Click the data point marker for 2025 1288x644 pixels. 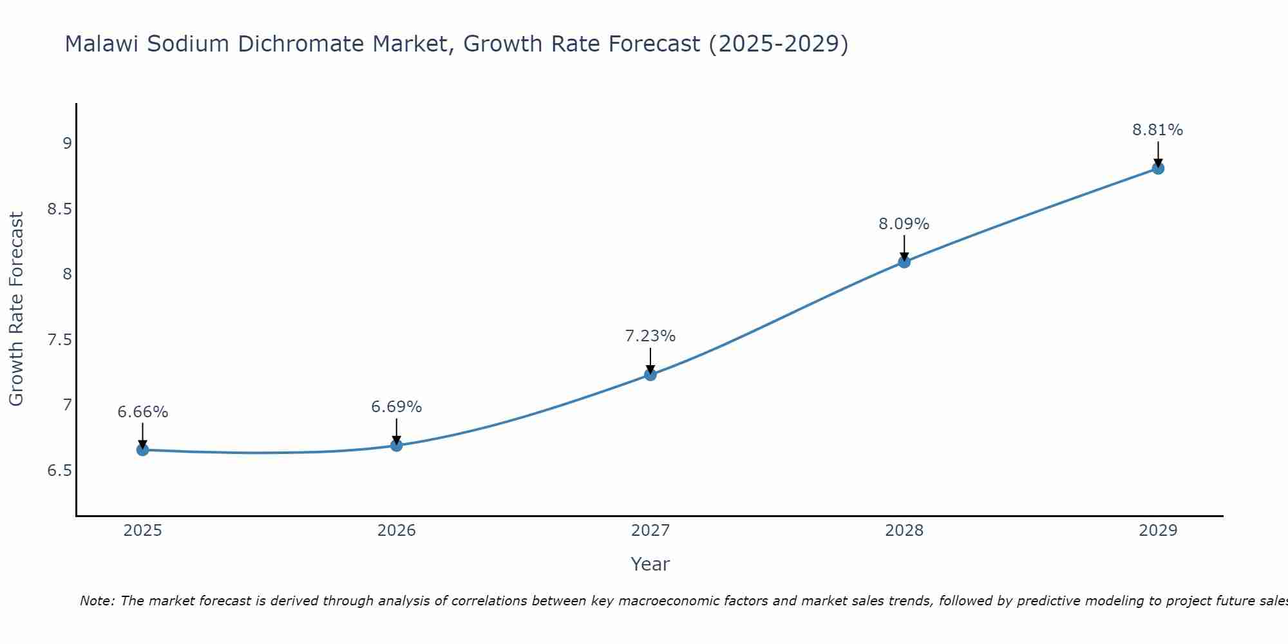click(143, 450)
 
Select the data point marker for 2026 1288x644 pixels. click(397, 445)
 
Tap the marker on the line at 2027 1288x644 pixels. click(650, 374)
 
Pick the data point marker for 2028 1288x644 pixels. click(904, 261)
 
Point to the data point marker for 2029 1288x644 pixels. click(1158, 168)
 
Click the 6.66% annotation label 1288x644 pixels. click(143, 412)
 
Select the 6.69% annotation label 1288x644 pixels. click(397, 407)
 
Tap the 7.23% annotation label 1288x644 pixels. click(650, 336)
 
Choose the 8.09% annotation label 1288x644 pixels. click(904, 224)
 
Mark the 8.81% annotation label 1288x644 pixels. click(1158, 130)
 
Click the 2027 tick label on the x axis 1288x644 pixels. click(650, 531)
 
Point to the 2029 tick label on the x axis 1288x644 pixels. click(1158, 531)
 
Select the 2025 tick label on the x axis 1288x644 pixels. click(143, 531)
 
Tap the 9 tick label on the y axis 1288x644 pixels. click(67, 144)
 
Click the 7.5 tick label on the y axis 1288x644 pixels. click(59, 340)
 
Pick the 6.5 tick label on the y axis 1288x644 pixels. click(59, 471)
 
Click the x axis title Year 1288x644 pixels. click(650, 564)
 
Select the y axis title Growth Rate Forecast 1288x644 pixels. click(17, 309)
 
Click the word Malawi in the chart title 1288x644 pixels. click(103, 44)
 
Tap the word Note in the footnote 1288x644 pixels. click(97, 601)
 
